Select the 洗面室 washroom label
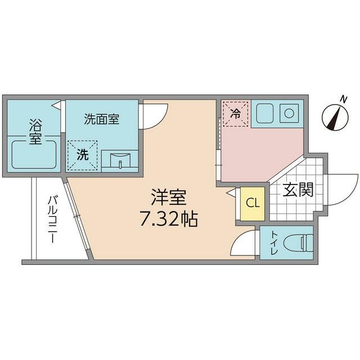click(x=101, y=119)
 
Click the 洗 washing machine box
click(x=83, y=155)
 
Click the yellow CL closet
click(x=253, y=203)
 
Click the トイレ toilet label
click(x=273, y=243)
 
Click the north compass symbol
click(x=335, y=118)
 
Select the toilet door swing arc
click(x=245, y=244)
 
